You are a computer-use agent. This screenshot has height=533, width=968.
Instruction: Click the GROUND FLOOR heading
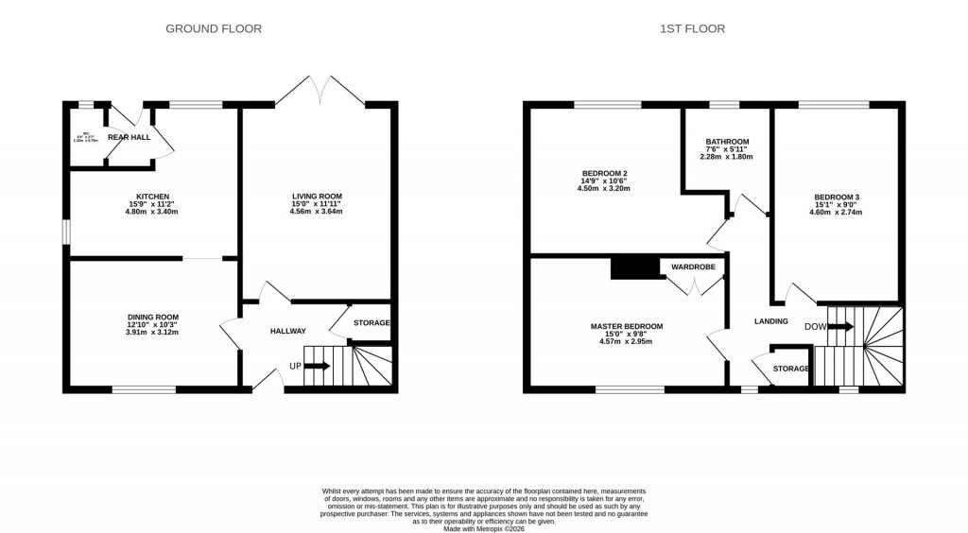click(214, 29)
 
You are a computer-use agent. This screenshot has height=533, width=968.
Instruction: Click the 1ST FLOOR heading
click(693, 29)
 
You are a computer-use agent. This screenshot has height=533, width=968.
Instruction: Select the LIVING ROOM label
click(317, 196)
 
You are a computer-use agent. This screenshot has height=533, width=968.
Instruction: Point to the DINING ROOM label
click(153, 318)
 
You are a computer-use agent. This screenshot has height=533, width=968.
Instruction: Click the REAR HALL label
click(129, 137)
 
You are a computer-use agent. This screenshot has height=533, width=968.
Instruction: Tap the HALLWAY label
click(288, 331)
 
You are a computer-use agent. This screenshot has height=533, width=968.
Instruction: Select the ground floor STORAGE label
click(372, 323)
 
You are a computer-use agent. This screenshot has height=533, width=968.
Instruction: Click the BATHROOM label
click(727, 142)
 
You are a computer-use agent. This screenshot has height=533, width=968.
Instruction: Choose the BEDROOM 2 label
click(605, 173)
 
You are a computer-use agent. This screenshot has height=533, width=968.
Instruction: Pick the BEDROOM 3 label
click(837, 198)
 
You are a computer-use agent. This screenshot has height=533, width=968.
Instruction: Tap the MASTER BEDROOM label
click(627, 326)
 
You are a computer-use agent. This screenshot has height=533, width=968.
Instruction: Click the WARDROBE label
click(694, 267)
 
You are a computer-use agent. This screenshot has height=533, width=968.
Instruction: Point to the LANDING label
click(770, 321)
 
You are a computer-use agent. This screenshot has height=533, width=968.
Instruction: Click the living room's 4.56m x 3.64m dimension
click(317, 211)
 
